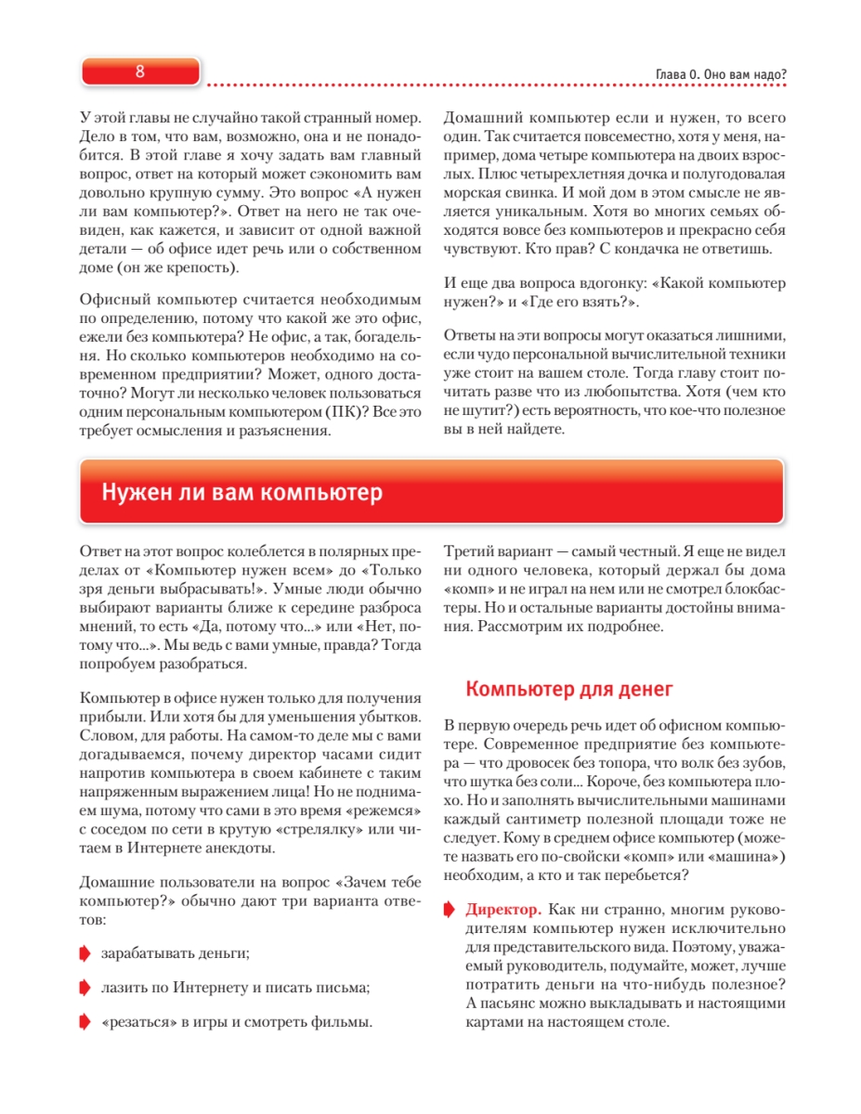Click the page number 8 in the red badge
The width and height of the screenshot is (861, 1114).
(139, 71)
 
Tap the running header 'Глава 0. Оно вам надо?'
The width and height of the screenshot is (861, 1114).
(709, 75)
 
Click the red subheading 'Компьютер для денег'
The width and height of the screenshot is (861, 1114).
(568, 689)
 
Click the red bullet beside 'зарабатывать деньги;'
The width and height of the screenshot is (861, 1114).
(85, 952)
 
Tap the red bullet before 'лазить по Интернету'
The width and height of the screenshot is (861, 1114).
(85, 988)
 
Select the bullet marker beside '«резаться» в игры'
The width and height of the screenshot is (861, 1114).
(85, 1023)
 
